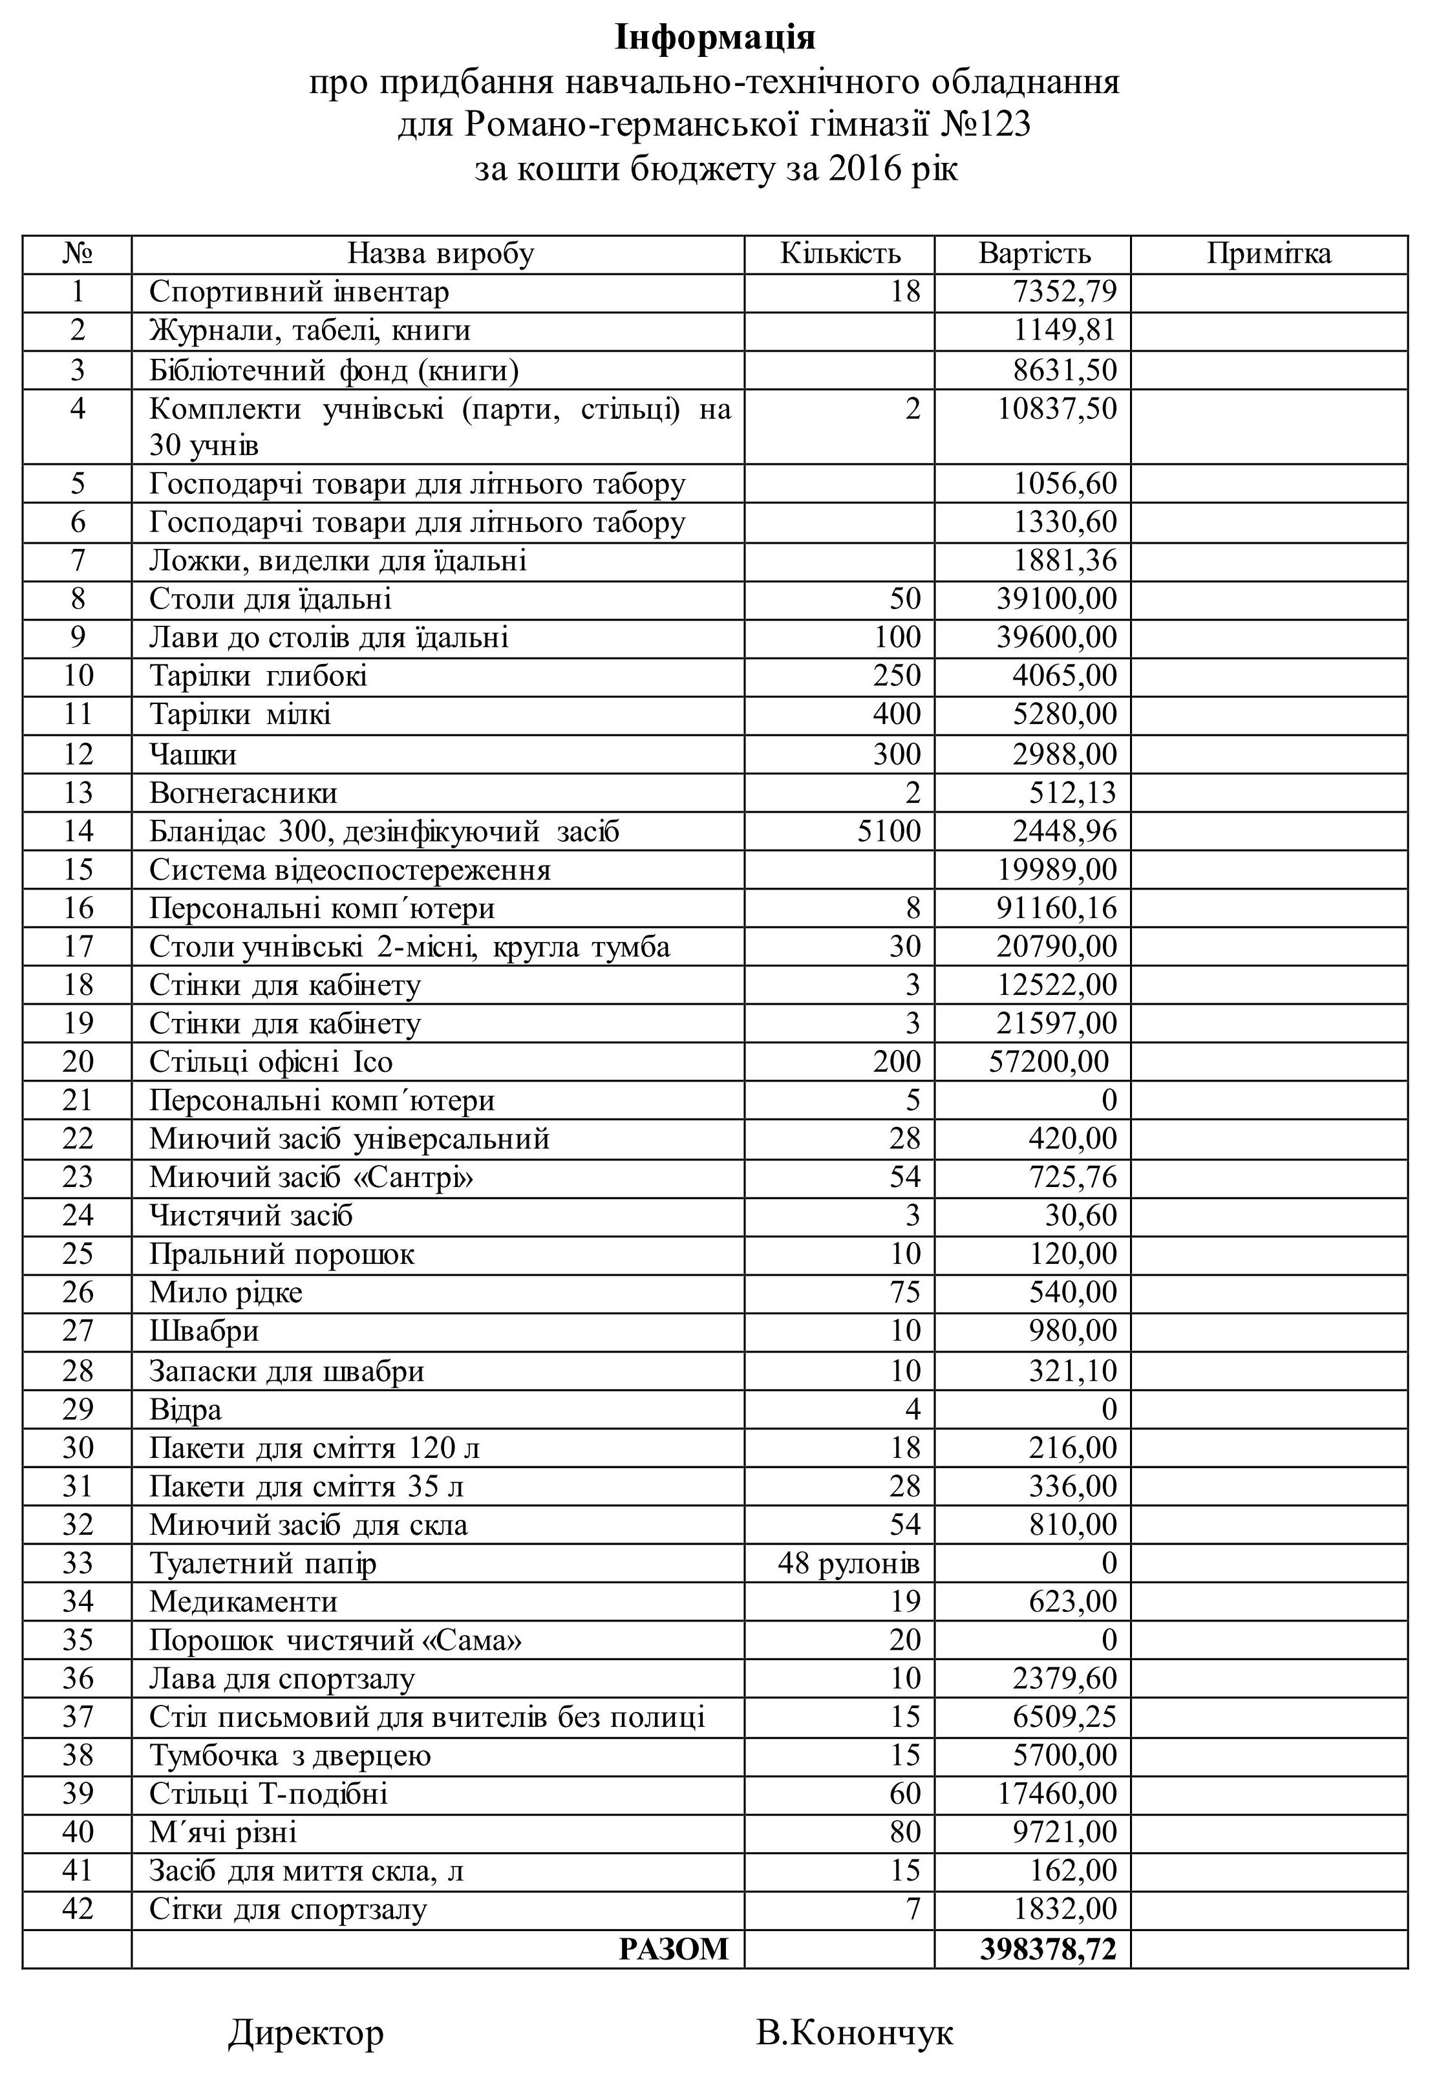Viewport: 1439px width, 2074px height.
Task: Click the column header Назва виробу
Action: [x=441, y=254]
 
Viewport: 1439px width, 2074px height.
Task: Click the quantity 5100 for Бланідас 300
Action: [x=889, y=831]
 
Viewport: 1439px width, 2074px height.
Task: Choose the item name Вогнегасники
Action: [x=244, y=793]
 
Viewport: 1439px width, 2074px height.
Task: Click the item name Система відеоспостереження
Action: [x=350, y=870]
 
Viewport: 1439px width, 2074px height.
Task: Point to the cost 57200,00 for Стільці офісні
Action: [x=1049, y=1062]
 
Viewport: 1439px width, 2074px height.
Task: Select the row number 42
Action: [x=78, y=1910]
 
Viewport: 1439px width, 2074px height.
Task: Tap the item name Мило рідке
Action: [x=226, y=1293]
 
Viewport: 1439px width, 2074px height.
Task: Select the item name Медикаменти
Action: [x=244, y=1601]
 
